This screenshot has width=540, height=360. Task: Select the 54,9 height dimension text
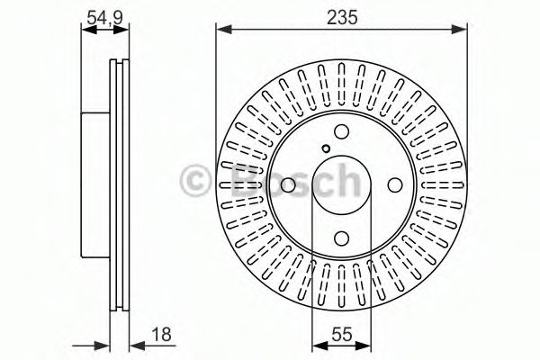[x=104, y=16]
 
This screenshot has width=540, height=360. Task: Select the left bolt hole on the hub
[x=288, y=185]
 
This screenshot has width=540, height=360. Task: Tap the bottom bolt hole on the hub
[x=341, y=238]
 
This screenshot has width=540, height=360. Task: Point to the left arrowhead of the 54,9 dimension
[x=86, y=30]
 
